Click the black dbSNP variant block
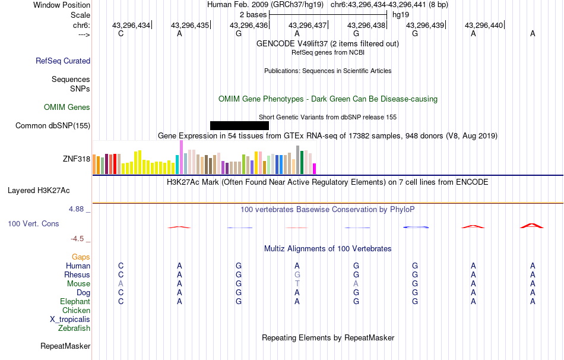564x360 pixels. click(239, 125)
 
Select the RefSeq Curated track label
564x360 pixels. click(63, 61)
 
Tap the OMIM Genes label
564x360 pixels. click(67, 108)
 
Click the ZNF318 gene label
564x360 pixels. click(77, 159)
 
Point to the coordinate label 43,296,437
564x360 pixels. click(308, 25)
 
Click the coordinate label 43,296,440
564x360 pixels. click(484, 25)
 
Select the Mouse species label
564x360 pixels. click(79, 284)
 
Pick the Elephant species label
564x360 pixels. click(75, 302)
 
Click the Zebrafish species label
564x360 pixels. click(74, 329)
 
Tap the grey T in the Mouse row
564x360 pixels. click(297, 284)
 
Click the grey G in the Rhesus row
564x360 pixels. click(297, 275)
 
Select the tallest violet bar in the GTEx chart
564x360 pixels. click(181, 157)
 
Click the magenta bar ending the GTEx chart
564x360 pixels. click(314, 169)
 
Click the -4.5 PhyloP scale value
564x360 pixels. click(80, 239)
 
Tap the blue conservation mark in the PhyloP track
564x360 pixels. click(416, 227)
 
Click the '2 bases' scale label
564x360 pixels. click(254, 14)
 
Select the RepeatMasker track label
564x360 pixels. click(65, 346)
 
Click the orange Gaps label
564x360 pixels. click(81, 257)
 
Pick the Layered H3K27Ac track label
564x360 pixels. click(39, 191)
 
